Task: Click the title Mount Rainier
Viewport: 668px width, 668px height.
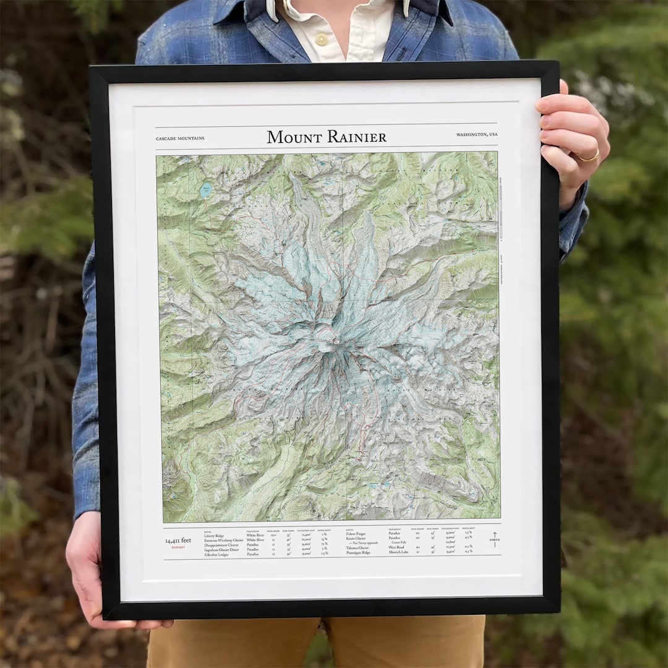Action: coord(327,137)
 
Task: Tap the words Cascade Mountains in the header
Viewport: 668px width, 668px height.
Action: coord(180,138)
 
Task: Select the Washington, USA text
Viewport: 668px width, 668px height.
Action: coord(477,134)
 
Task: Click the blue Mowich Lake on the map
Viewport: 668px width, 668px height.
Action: coord(205,190)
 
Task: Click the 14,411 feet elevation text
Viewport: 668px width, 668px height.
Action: coord(178,541)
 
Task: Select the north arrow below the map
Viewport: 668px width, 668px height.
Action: coord(494,538)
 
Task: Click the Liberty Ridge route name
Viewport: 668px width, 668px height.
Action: coord(214,536)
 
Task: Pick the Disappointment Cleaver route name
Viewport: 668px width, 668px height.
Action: coord(221,545)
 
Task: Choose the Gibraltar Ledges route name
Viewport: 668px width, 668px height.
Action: coord(216,555)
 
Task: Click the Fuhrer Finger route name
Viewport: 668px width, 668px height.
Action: coord(356,533)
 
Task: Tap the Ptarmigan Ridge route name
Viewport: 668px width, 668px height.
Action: coord(359,552)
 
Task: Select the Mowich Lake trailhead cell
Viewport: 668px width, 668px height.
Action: coord(398,552)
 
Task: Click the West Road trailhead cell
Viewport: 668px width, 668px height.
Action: coord(396,547)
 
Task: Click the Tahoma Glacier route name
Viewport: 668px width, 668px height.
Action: coord(358,547)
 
